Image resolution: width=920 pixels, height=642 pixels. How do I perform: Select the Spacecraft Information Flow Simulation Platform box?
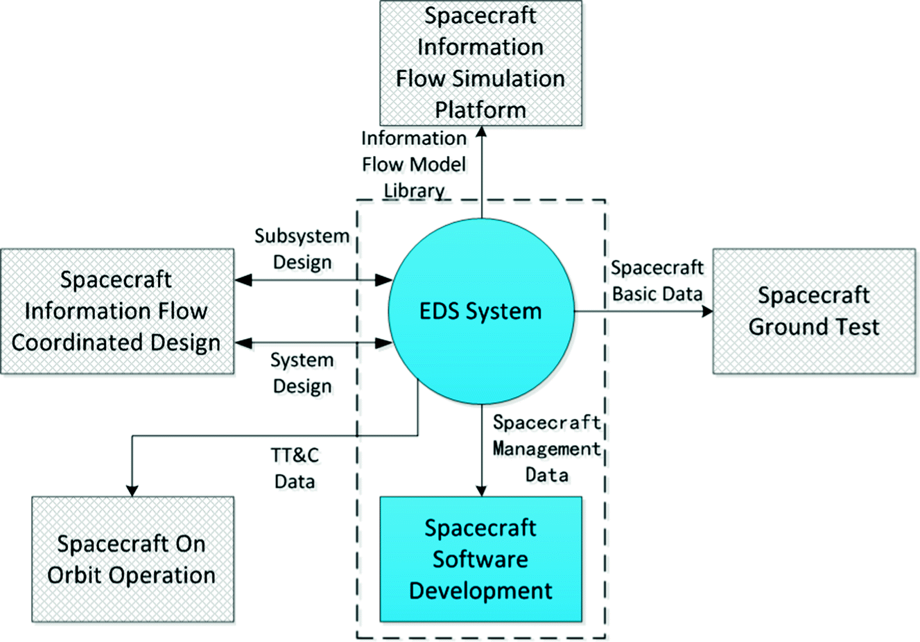[x=480, y=63]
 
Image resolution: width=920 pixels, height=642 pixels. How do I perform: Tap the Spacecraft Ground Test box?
[x=814, y=311]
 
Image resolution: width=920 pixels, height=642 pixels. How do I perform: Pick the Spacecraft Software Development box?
[x=480, y=559]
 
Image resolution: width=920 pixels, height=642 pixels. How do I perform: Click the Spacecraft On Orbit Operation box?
[x=132, y=559]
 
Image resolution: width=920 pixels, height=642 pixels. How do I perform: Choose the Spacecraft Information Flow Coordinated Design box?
[x=116, y=311]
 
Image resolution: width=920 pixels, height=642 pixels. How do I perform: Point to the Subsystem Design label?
[x=302, y=249]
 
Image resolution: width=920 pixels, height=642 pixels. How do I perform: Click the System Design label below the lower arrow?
[x=302, y=373]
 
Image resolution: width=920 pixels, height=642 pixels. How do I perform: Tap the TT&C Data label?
[x=295, y=468]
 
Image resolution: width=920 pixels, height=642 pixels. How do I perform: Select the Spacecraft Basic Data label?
[x=657, y=281]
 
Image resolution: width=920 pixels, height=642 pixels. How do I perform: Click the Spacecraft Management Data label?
[x=546, y=449]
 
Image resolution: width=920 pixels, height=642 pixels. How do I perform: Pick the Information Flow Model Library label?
[x=414, y=164]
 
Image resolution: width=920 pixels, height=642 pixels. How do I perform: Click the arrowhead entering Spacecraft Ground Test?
[x=706, y=311]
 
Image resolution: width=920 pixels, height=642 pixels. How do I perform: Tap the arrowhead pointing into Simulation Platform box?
[x=480, y=133]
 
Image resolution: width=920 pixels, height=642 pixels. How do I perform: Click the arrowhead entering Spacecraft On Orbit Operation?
[x=132, y=489]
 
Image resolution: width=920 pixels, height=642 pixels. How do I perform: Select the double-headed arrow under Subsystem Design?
[x=313, y=280]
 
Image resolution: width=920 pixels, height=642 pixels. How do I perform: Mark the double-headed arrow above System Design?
[x=313, y=342]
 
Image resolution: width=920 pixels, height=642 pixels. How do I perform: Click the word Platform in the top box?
[x=480, y=110]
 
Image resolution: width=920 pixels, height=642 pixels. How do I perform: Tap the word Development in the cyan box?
[x=480, y=591]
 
